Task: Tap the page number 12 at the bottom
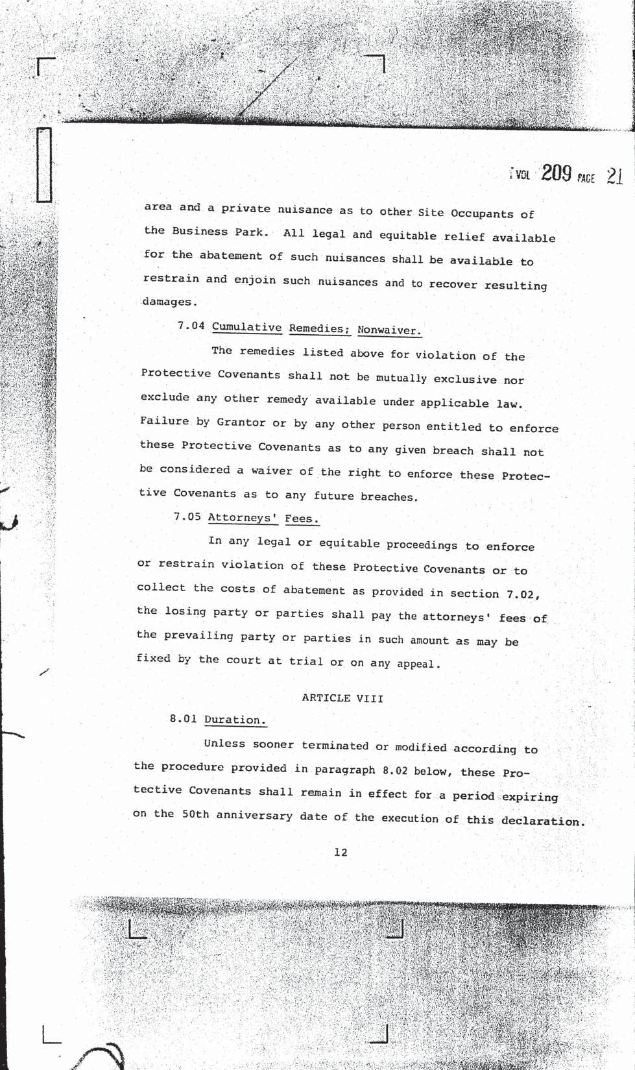point(341,852)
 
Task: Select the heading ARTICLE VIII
point(342,698)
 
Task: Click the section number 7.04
point(191,325)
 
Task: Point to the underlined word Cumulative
point(246,327)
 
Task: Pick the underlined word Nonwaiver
point(389,330)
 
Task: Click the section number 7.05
point(187,517)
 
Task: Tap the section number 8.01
point(184,719)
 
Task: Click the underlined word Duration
point(235,720)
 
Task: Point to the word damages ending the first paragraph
point(168,302)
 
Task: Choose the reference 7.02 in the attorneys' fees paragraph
point(523,594)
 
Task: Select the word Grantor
point(241,422)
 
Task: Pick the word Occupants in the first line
point(482,213)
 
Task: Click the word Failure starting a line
point(164,421)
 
